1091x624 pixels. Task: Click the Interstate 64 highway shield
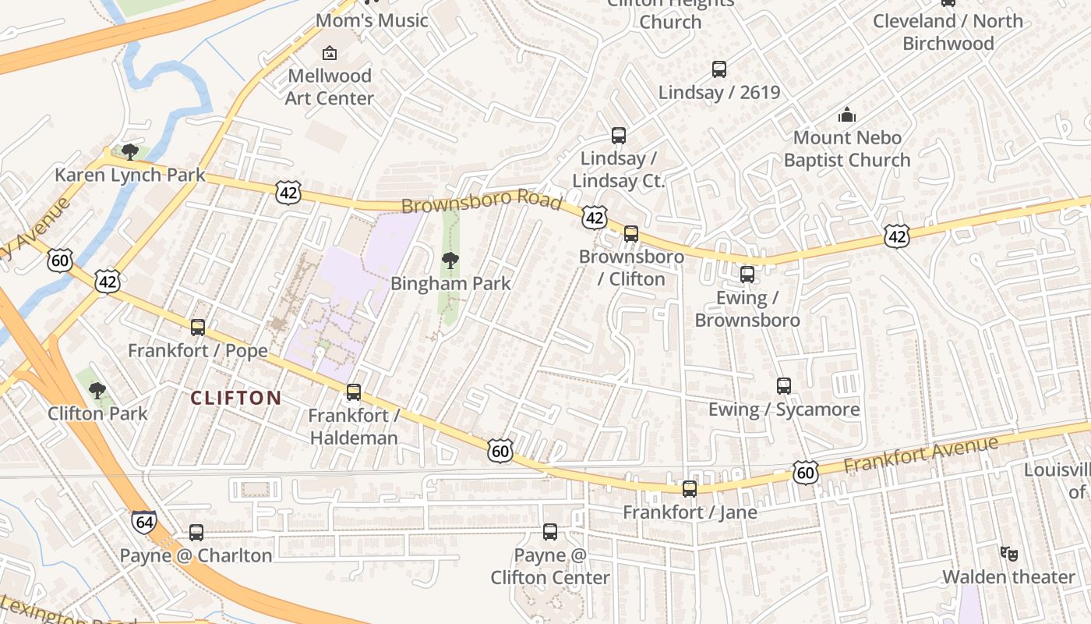(x=143, y=522)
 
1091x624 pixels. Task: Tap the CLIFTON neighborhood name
(x=236, y=398)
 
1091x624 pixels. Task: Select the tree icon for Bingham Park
(x=450, y=261)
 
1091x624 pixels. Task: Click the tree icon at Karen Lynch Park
(x=130, y=151)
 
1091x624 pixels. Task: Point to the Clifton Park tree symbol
(x=97, y=390)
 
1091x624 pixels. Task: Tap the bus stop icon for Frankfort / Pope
(x=198, y=328)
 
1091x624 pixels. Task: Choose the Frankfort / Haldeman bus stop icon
(x=354, y=392)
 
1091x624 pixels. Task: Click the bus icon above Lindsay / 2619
(x=719, y=69)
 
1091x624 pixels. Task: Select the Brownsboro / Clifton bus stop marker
(x=631, y=233)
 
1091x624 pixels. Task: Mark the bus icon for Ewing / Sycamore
(x=784, y=386)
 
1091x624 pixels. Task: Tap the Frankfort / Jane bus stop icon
(x=690, y=489)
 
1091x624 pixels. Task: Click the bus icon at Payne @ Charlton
(x=196, y=533)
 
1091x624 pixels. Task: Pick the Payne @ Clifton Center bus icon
(x=550, y=532)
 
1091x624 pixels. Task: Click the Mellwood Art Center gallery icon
(x=330, y=53)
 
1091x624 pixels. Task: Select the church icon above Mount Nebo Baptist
(x=847, y=115)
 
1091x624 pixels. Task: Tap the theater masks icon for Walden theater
(x=1009, y=554)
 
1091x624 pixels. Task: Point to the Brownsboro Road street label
(x=481, y=201)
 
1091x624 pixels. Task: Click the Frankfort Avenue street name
(x=920, y=454)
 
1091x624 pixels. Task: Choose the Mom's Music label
(x=372, y=20)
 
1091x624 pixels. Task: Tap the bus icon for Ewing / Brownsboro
(x=747, y=275)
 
